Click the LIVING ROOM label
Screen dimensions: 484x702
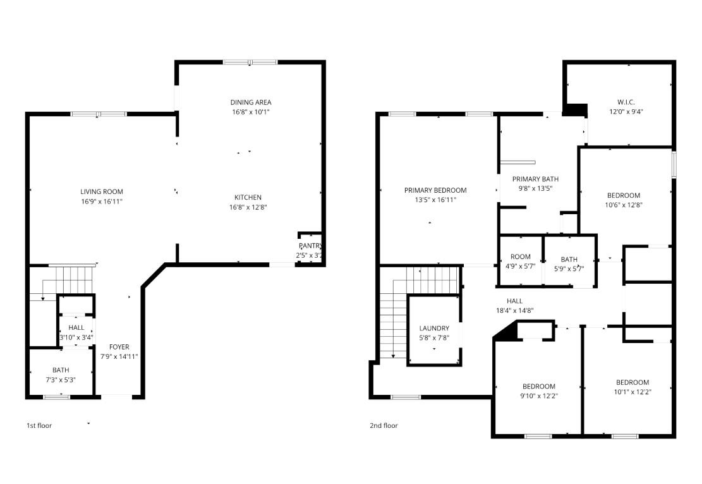tap(101, 191)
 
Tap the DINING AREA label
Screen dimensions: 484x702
tap(251, 102)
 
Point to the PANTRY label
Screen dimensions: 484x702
tap(310, 246)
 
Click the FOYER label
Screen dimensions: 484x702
tap(119, 347)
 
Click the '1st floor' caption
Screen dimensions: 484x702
tap(39, 425)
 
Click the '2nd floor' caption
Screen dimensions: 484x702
tap(384, 425)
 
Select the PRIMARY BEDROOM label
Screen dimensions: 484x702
tap(435, 190)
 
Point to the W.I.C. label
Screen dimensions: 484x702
tap(626, 102)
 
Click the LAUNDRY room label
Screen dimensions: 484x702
tap(434, 328)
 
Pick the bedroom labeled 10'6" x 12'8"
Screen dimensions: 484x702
tap(624, 200)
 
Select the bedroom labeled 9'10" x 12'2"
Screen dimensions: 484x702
tap(538, 391)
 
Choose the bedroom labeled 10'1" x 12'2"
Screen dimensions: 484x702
tap(632, 387)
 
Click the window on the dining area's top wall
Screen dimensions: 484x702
tap(250, 62)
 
